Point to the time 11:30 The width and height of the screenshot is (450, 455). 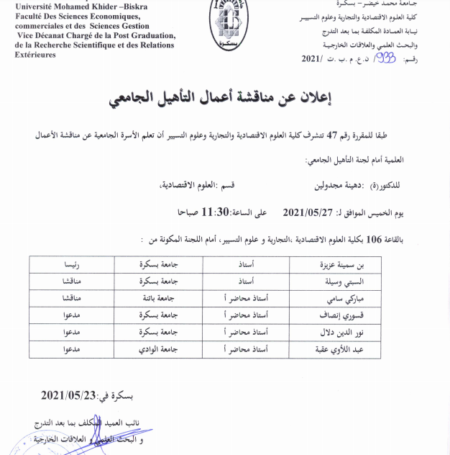(x=216, y=212)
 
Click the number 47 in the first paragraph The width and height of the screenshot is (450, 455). (x=333, y=135)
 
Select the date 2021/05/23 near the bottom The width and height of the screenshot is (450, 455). (x=68, y=395)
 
